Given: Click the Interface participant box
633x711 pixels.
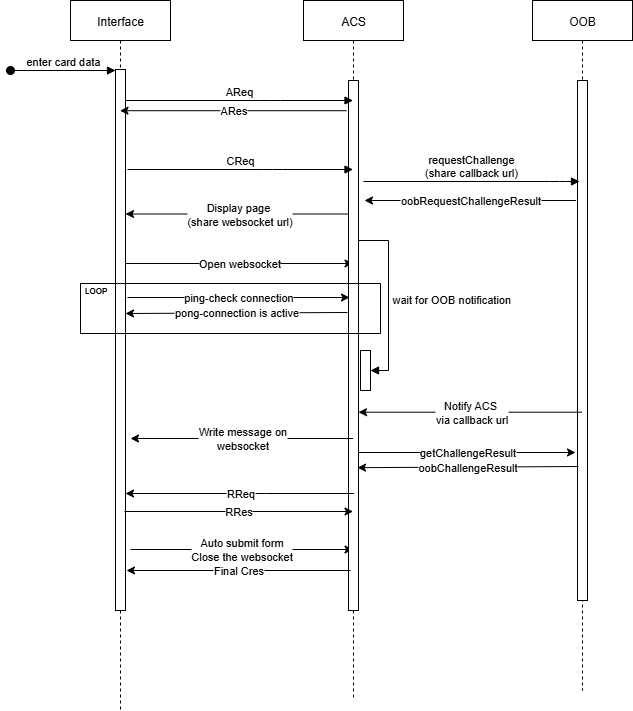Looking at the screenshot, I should coord(120,21).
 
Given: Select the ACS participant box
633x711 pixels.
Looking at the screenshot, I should coord(352,21).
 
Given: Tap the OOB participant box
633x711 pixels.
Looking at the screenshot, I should coord(582,21).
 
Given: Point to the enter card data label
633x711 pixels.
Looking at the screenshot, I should coord(63,62).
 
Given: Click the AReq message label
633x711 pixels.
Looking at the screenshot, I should coord(239,92).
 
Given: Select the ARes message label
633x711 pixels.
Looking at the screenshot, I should coord(234,111).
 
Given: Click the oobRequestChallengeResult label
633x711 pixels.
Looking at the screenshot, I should coord(471,201).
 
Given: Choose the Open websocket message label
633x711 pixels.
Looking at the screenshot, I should coord(240,264).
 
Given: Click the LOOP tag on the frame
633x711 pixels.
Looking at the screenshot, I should coord(96,291).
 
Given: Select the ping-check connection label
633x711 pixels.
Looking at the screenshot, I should coord(239,298).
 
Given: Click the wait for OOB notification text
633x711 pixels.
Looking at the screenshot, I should coord(451,300).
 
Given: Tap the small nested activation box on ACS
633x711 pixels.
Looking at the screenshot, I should coord(365,370).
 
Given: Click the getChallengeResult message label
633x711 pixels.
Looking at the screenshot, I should coord(468,453).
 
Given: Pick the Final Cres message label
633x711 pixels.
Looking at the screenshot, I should coord(239,571).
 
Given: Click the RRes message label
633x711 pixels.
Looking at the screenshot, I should coord(239,512).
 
